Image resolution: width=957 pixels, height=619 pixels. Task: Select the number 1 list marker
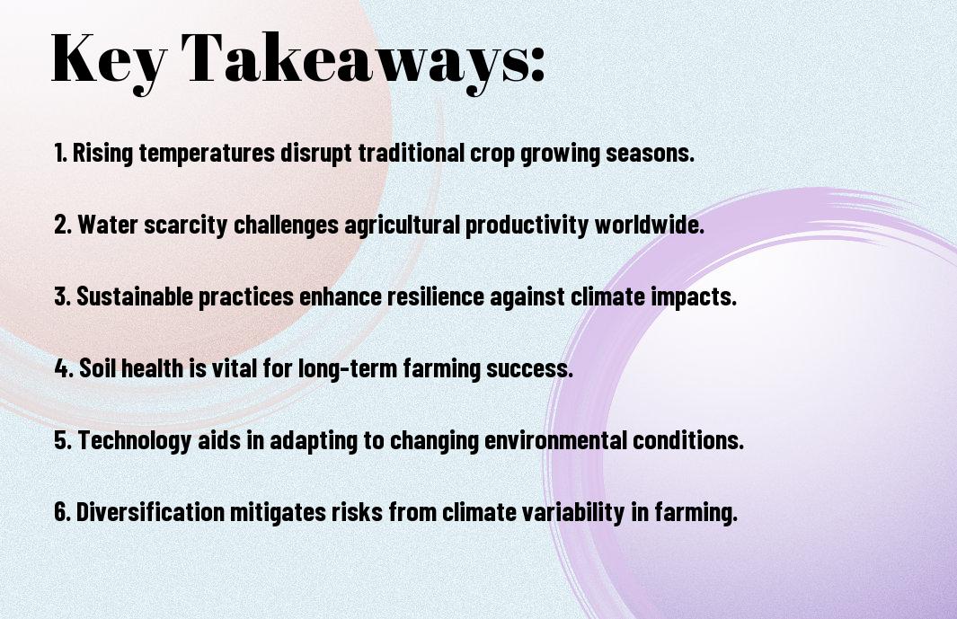[x=60, y=153]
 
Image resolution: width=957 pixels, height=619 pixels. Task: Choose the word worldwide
[x=650, y=224]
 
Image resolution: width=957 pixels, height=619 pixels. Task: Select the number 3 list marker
[x=62, y=296]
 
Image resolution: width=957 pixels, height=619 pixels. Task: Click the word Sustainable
[x=135, y=296]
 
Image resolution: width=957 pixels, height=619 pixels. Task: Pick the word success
[x=530, y=369]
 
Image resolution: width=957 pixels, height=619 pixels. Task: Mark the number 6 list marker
[x=62, y=511]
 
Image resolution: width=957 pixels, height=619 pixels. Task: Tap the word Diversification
[x=150, y=511]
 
